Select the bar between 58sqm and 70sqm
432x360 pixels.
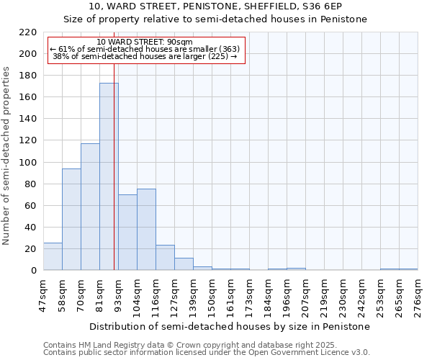(71, 220)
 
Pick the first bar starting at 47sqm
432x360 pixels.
(53, 256)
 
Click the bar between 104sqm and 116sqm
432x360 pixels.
(146, 230)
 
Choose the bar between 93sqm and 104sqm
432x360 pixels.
(127, 233)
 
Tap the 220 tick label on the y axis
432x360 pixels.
(28, 32)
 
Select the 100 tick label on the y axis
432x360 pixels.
(28, 163)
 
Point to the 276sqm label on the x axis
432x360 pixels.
(418, 294)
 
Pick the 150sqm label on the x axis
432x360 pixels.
(212, 294)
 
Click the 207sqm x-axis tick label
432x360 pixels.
(306, 294)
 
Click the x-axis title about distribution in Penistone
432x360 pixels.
(230, 326)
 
